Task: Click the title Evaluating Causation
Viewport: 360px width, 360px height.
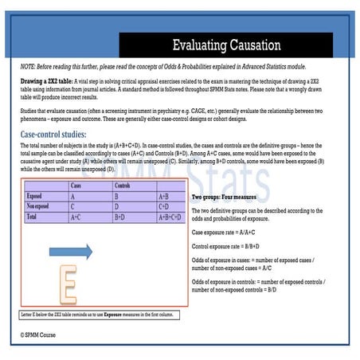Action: (x=226, y=45)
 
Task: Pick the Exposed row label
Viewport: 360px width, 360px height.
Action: (x=35, y=194)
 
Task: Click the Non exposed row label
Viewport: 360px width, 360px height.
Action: (x=40, y=205)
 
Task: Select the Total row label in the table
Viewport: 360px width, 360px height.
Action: (x=34, y=215)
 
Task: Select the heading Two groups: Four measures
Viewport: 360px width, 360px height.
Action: (x=232, y=196)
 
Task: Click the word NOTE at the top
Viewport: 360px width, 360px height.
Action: (x=29, y=65)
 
